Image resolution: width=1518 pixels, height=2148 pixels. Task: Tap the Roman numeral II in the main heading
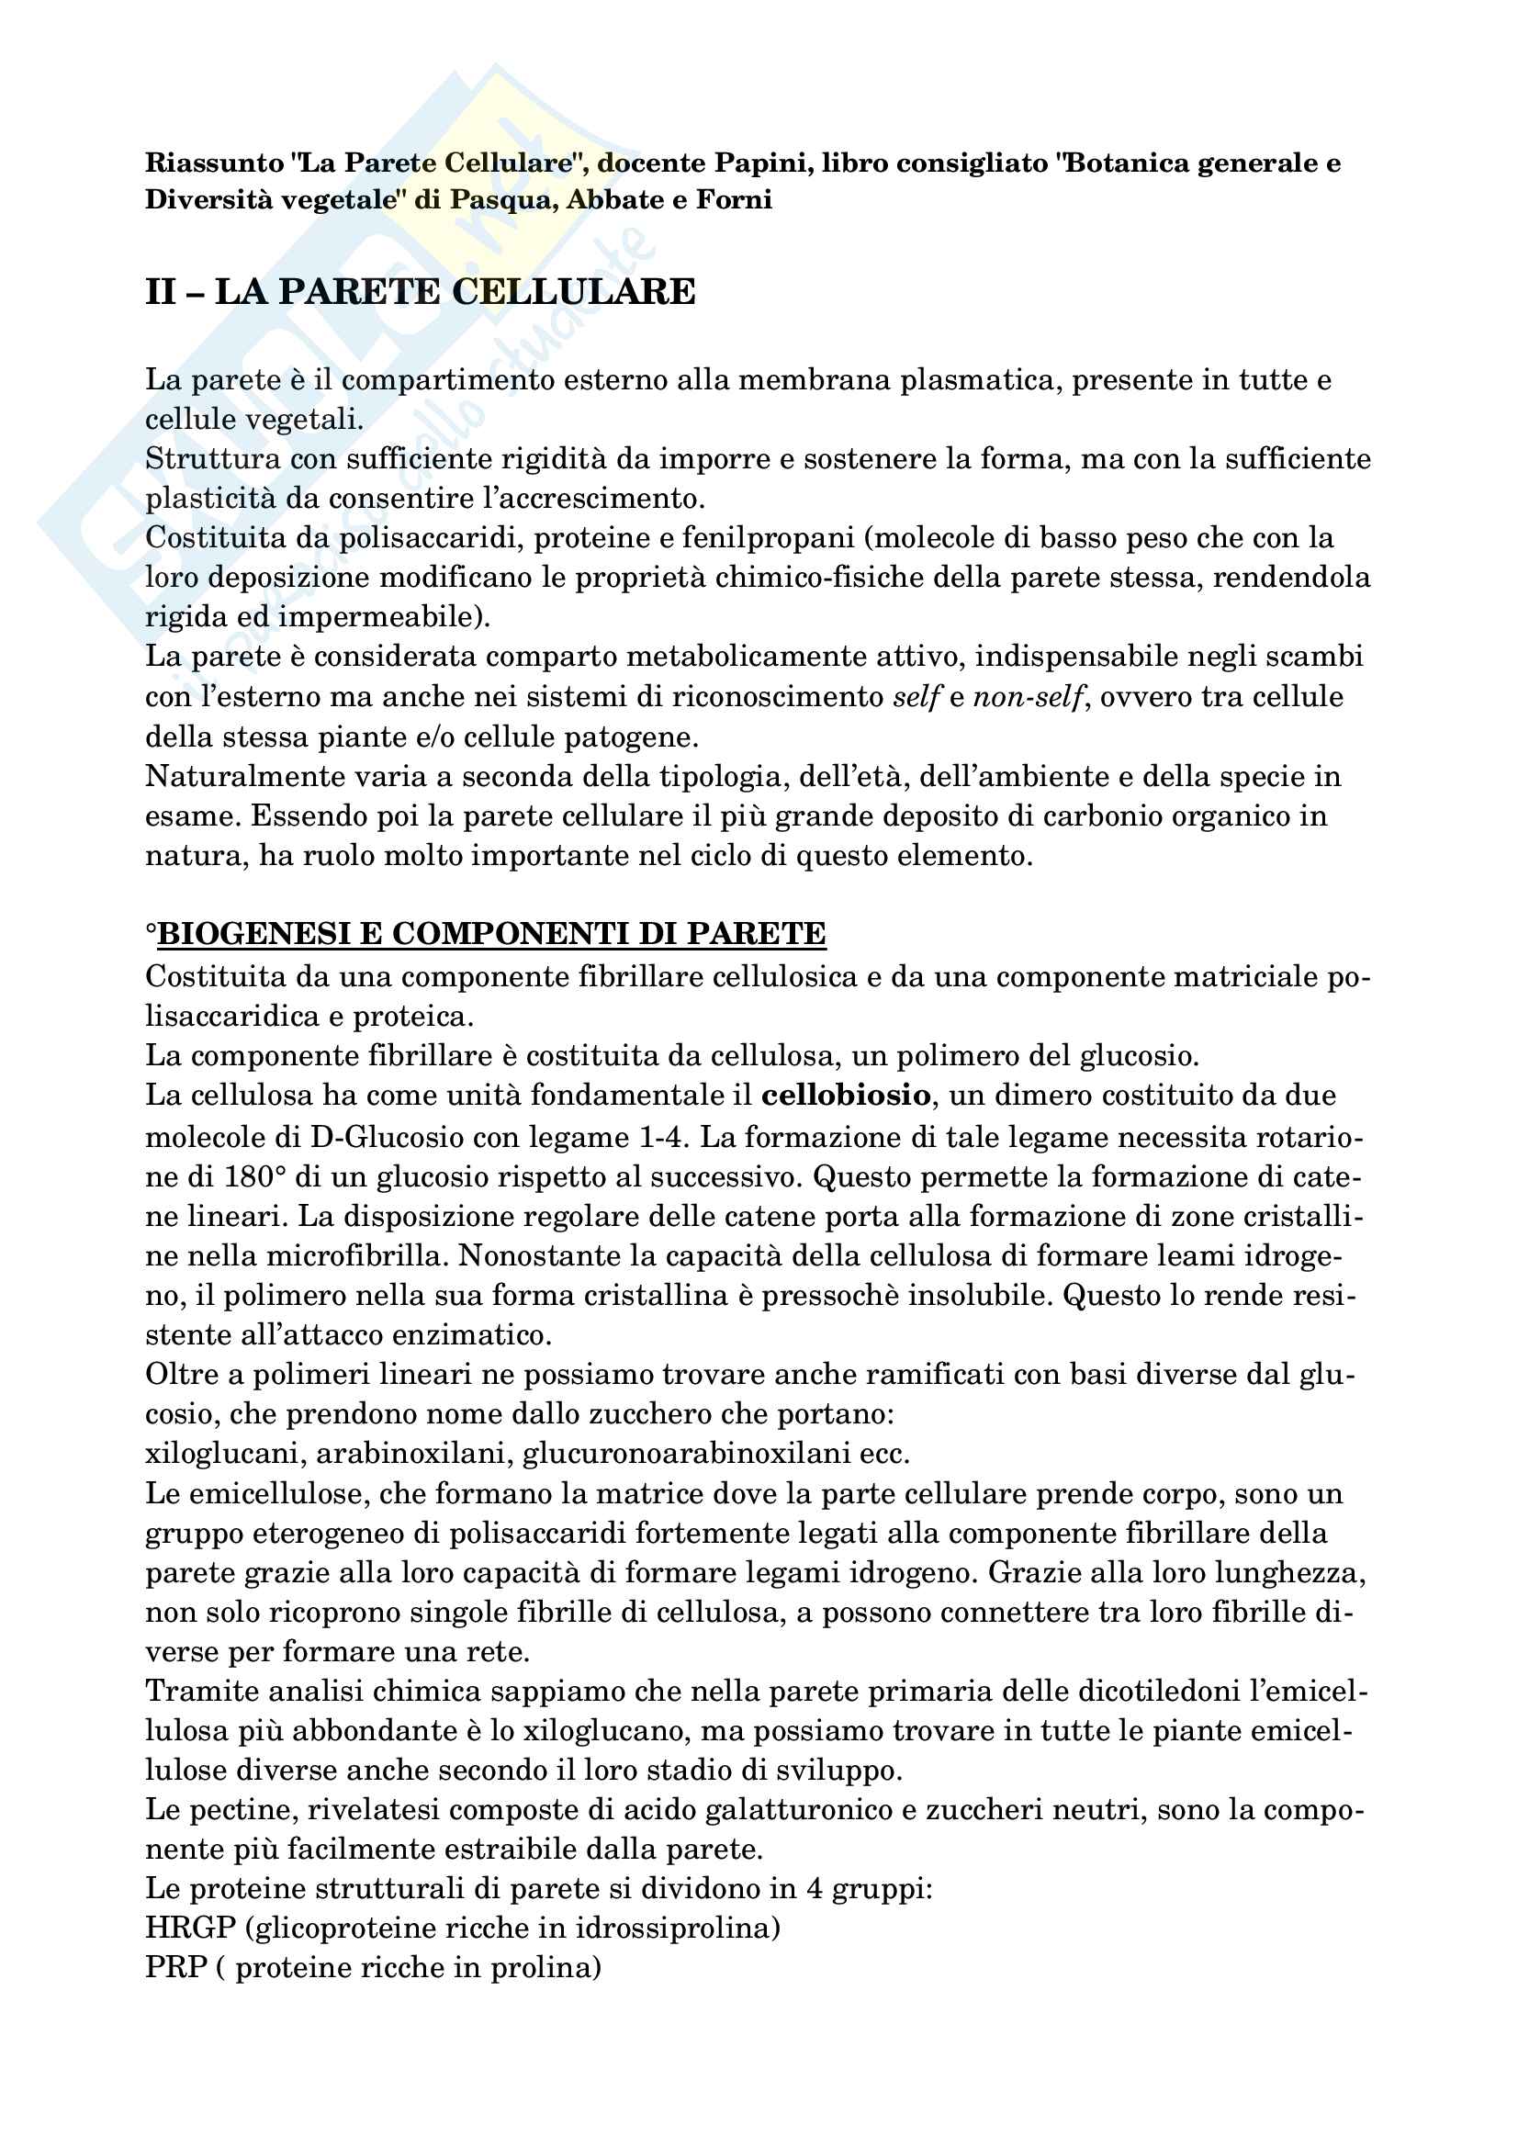pyautogui.click(x=161, y=292)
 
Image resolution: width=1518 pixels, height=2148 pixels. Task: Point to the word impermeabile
pyautogui.click(x=389, y=616)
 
